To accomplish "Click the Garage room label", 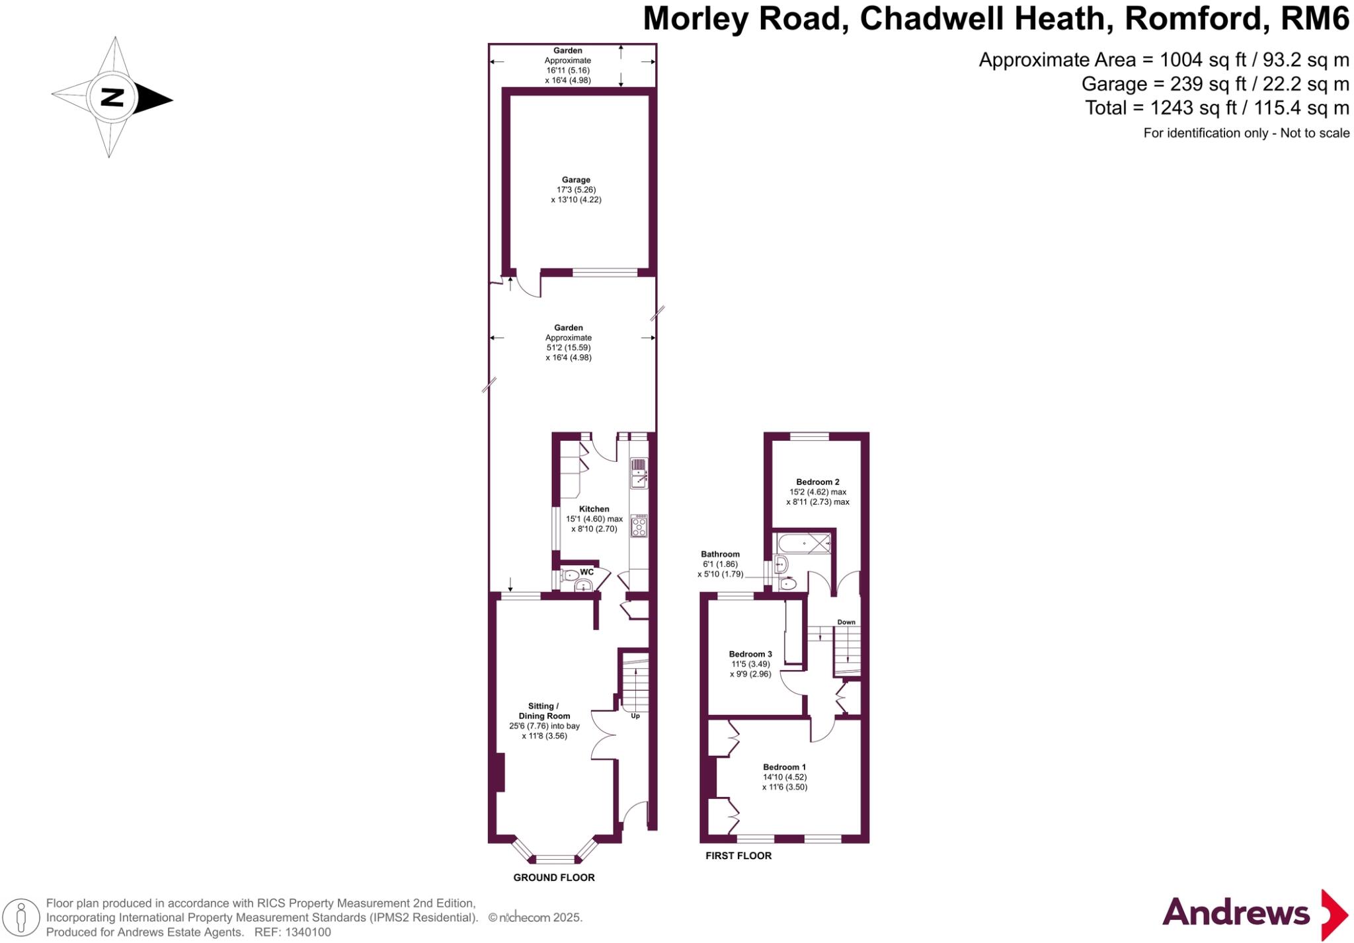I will (x=576, y=180).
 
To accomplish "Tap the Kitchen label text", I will (x=594, y=509).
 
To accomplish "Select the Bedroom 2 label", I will (x=817, y=482).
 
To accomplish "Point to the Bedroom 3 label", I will (x=750, y=654).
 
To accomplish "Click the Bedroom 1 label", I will (x=784, y=767).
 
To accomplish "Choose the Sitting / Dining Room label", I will (x=544, y=711).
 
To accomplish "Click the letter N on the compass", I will (x=112, y=98).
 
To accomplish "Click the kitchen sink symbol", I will (x=639, y=473).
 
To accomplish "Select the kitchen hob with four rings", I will (x=639, y=526).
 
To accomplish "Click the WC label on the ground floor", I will (x=586, y=572).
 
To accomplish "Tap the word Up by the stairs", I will (x=635, y=716).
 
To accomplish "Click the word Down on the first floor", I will (x=846, y=622).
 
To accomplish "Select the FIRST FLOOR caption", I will (x=738, y=856).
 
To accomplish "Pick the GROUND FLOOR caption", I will (x=554, y=878).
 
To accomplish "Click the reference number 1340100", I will (x=307, y=932).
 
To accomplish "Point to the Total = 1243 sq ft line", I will (x=1216, y=108).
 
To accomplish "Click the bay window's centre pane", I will (x=555, y=859).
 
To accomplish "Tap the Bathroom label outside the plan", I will (x=720, y=554).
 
